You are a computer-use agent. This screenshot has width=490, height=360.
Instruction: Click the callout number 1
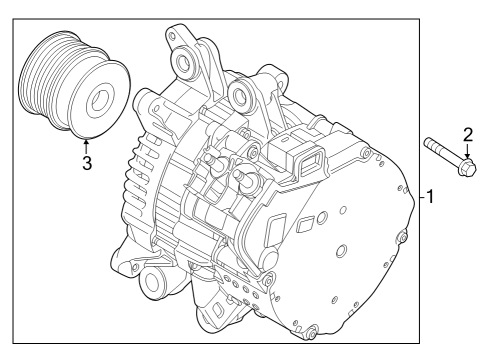pyautogui.click(x=431, y=196)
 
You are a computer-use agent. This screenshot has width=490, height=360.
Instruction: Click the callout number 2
pyautogui.click(x=467, y=134)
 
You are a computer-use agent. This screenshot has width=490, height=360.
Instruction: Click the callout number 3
pyautogui.click(x=87, y=163)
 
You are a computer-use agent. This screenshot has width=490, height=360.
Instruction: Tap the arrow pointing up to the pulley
pyautogui.click(x=87, y=144)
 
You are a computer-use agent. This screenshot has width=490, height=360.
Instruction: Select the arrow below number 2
pyautogui.click(x=467, y=153)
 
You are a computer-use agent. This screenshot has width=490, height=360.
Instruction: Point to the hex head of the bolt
pyautogui.click(x=466, y=169)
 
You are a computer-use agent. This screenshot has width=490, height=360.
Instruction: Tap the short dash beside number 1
pyautogui.click(x=420, y=196)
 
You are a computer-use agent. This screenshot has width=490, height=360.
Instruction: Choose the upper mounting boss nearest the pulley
pyautogui.click(x=184, y=66)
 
